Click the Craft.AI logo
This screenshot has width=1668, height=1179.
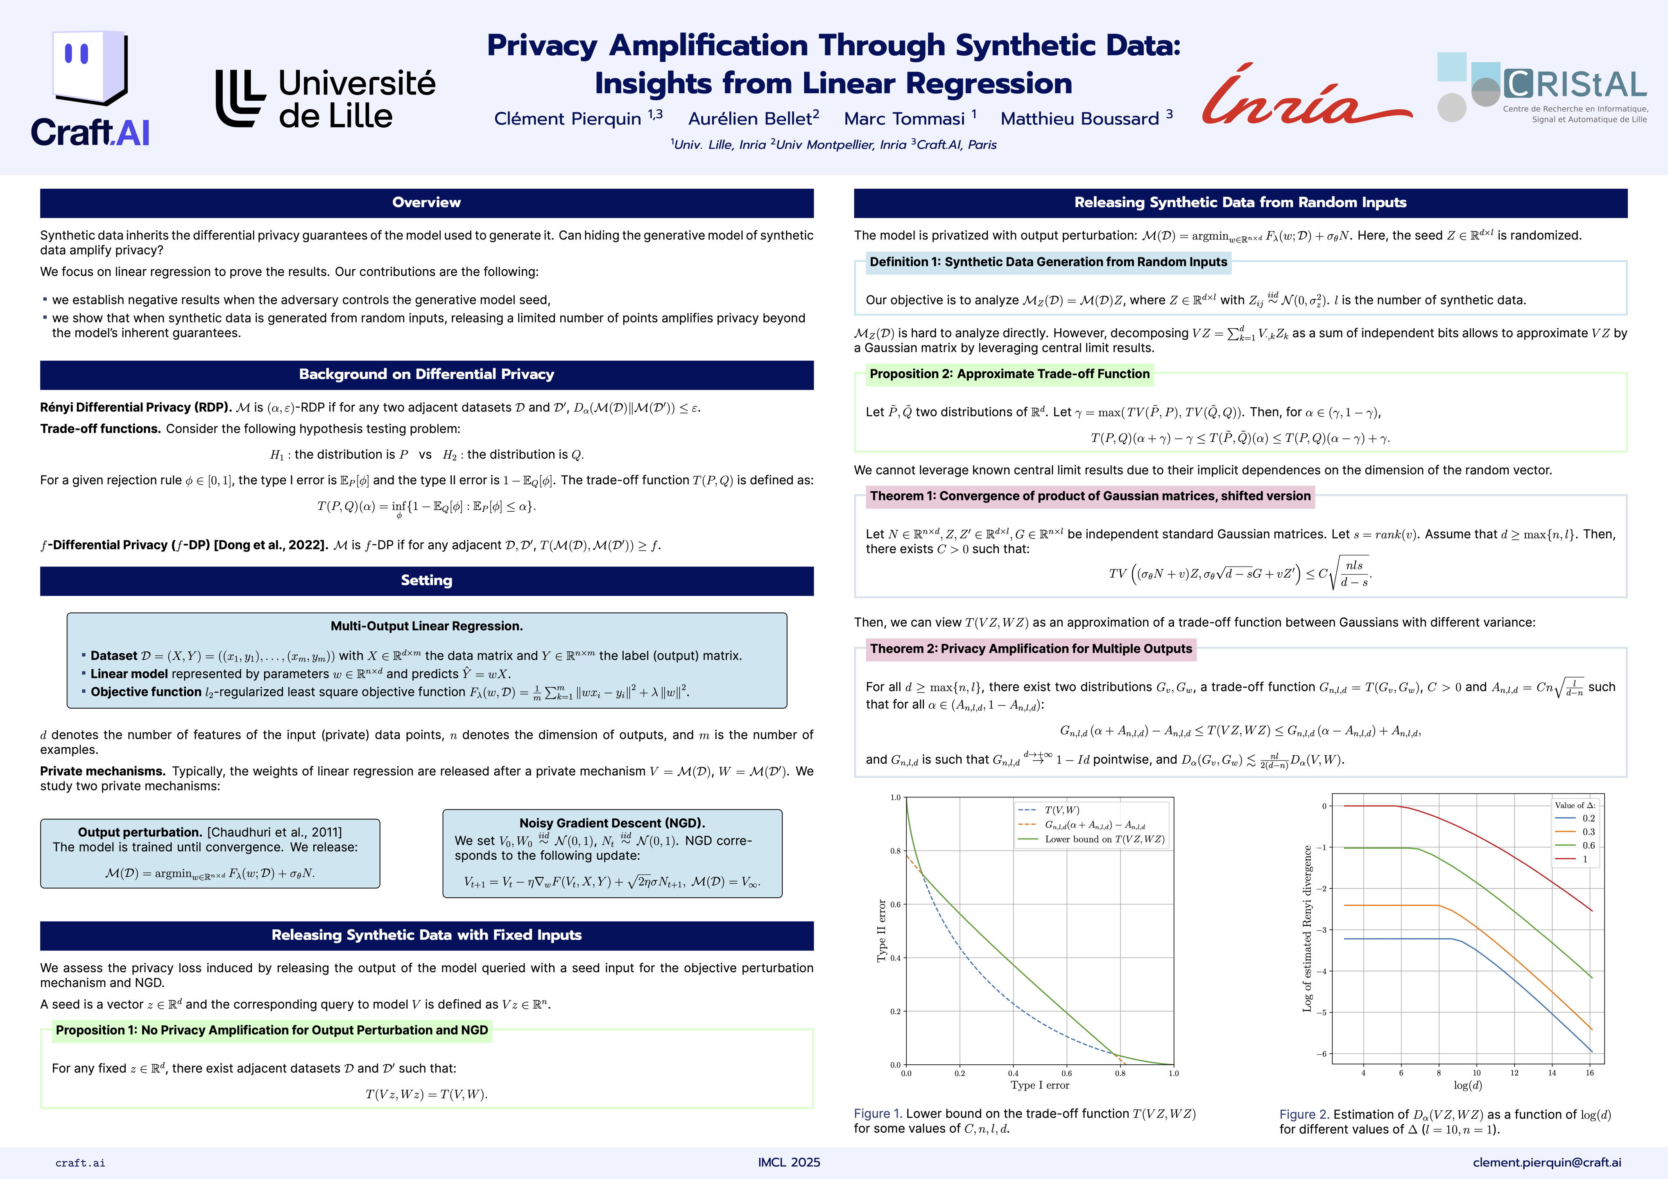(x=90, y=88)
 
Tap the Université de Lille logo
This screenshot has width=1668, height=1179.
(x=326, y=99)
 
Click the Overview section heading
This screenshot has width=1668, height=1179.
(x=426, y=203)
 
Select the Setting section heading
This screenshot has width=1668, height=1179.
(x=426, y=580)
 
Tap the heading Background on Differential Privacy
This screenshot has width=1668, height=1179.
(x=426, y=374)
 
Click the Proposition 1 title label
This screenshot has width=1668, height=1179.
(x=272, y=1030)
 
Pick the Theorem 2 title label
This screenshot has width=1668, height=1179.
(x=1031, y=649)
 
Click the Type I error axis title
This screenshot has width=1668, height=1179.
(x=1040, y=1085)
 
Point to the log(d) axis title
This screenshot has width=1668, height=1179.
(x=1467, y=1085)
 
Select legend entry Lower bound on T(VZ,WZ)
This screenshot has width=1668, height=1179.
(x=1104, y=839)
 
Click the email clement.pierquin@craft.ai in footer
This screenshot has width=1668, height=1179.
(x=1547, y=1162)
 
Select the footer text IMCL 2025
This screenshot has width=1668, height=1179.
(x=789, y=1162)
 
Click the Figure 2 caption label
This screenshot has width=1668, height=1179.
(x=1304, y=1114)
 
